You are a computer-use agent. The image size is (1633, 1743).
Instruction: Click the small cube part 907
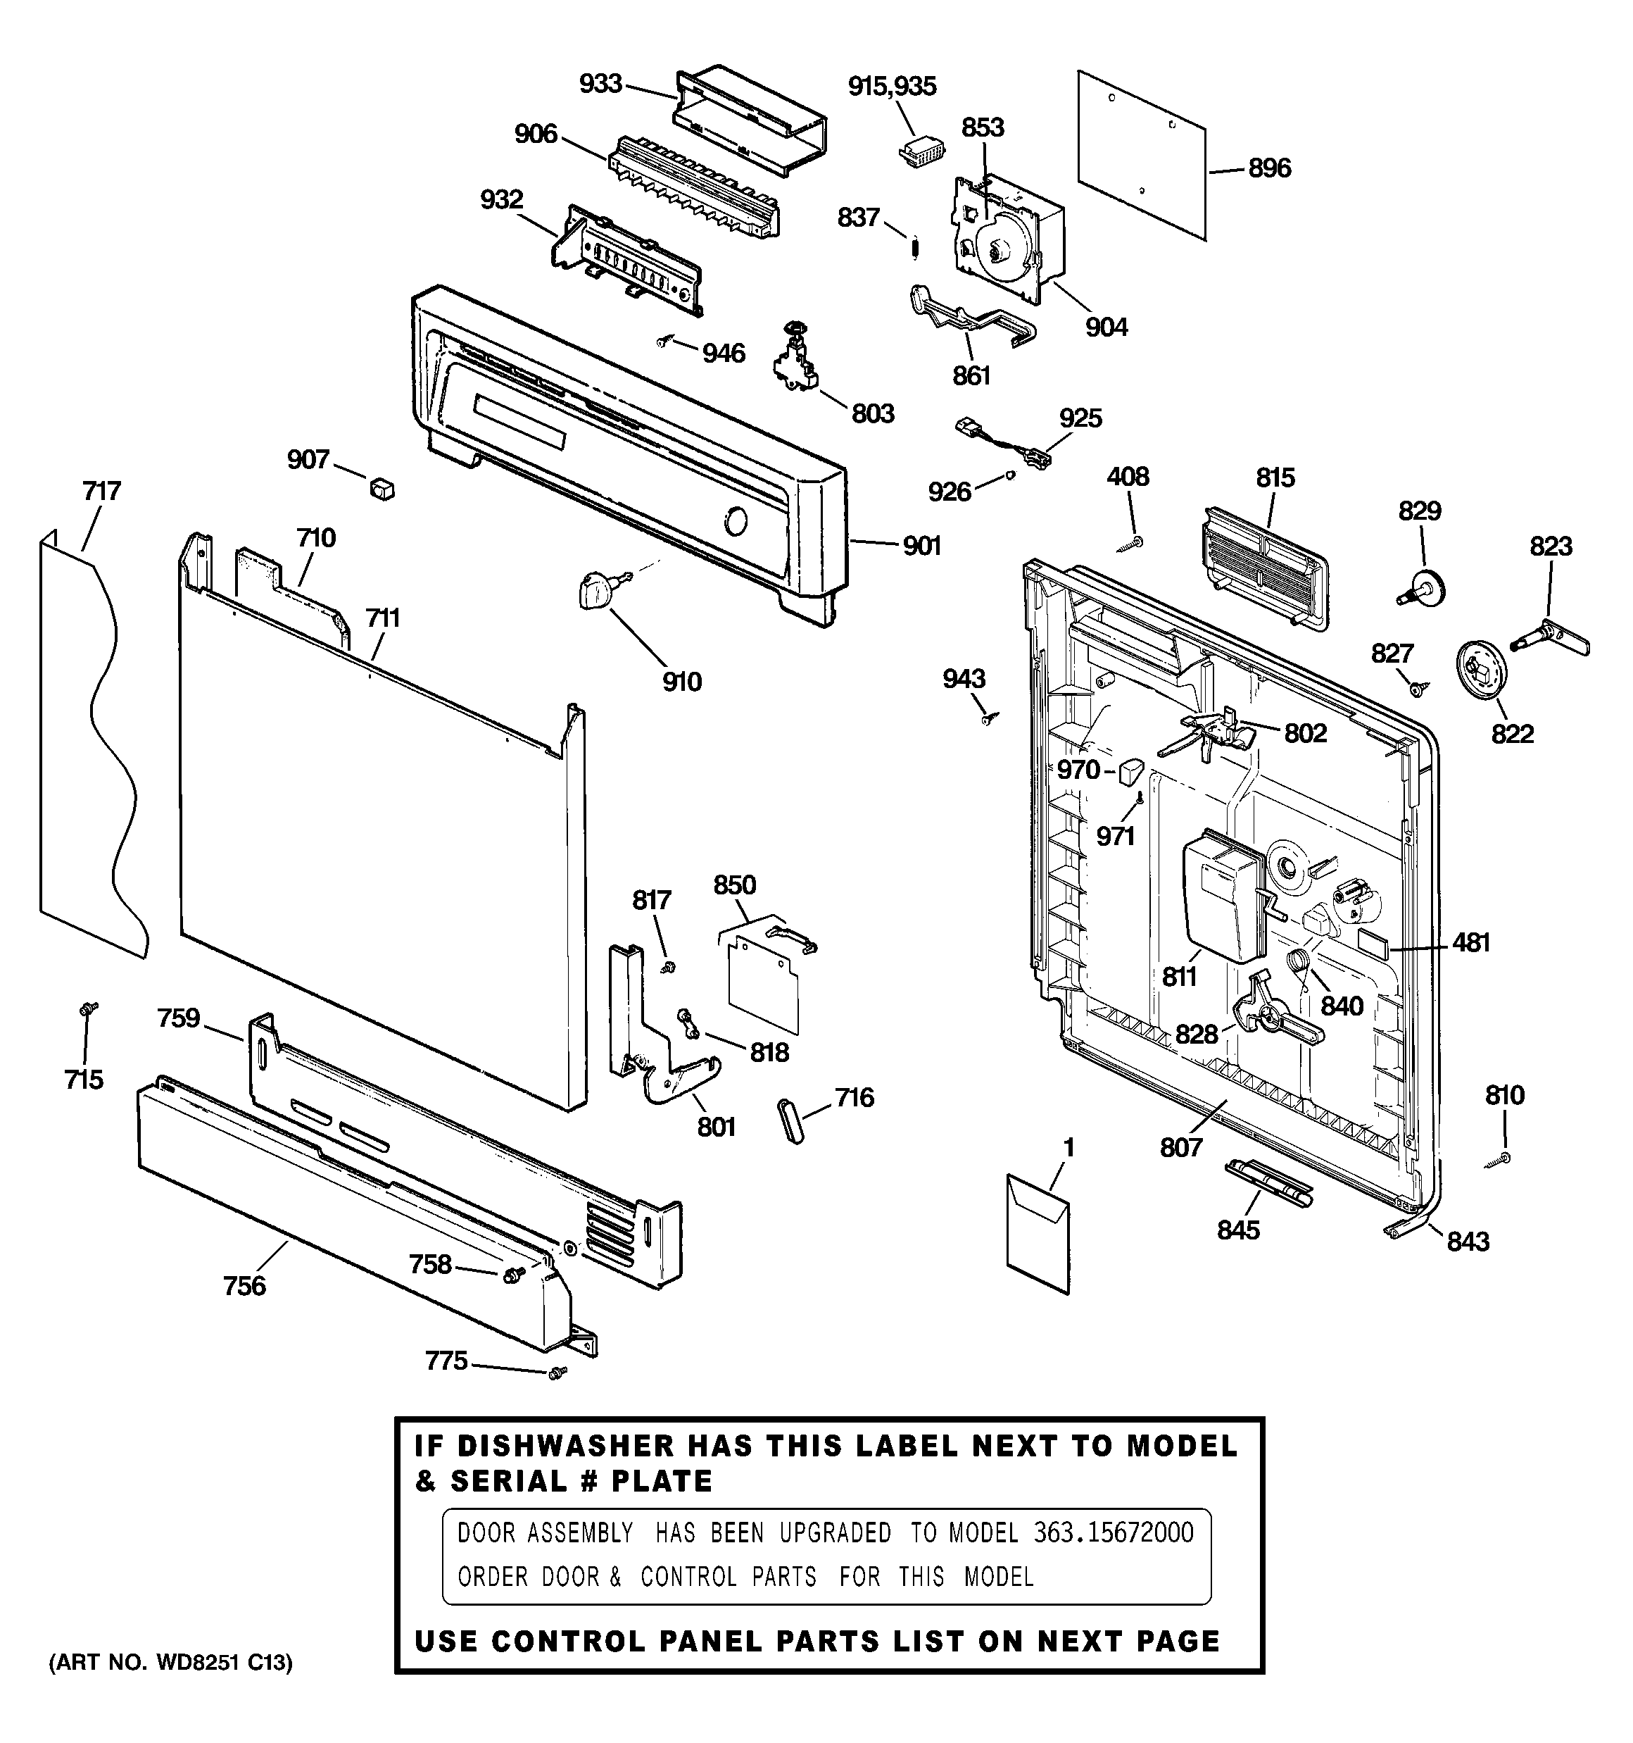[x=382, y=487]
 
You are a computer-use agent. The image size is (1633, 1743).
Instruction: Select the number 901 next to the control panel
[x=921, y=546]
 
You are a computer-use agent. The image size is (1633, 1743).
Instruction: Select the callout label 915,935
[x=891, y=86]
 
